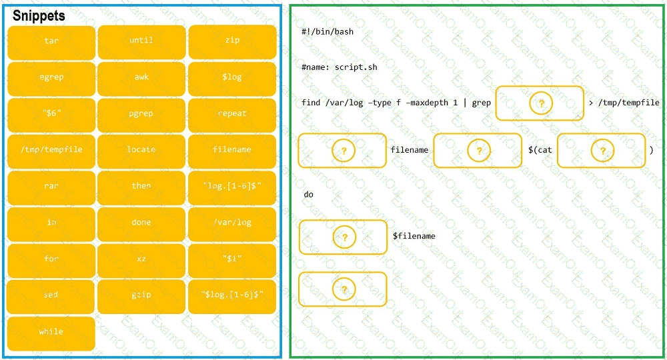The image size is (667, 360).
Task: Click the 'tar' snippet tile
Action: (x=51, y=41)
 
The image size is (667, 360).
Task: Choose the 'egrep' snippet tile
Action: (x=51, y=78)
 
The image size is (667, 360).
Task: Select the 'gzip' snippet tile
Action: (x=141, y=295)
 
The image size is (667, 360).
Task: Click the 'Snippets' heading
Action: (x=39, y=15)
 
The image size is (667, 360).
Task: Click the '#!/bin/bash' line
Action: (x=327, y=32)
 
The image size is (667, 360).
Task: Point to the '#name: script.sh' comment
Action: (x=339, y=67)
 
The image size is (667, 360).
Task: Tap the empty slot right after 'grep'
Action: (x=540, y=103)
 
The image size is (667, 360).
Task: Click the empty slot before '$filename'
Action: (x=343, y=237)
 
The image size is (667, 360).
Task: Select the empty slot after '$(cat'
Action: (x=601, y=151)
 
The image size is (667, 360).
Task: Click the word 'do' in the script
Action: (x=308, y=195)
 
